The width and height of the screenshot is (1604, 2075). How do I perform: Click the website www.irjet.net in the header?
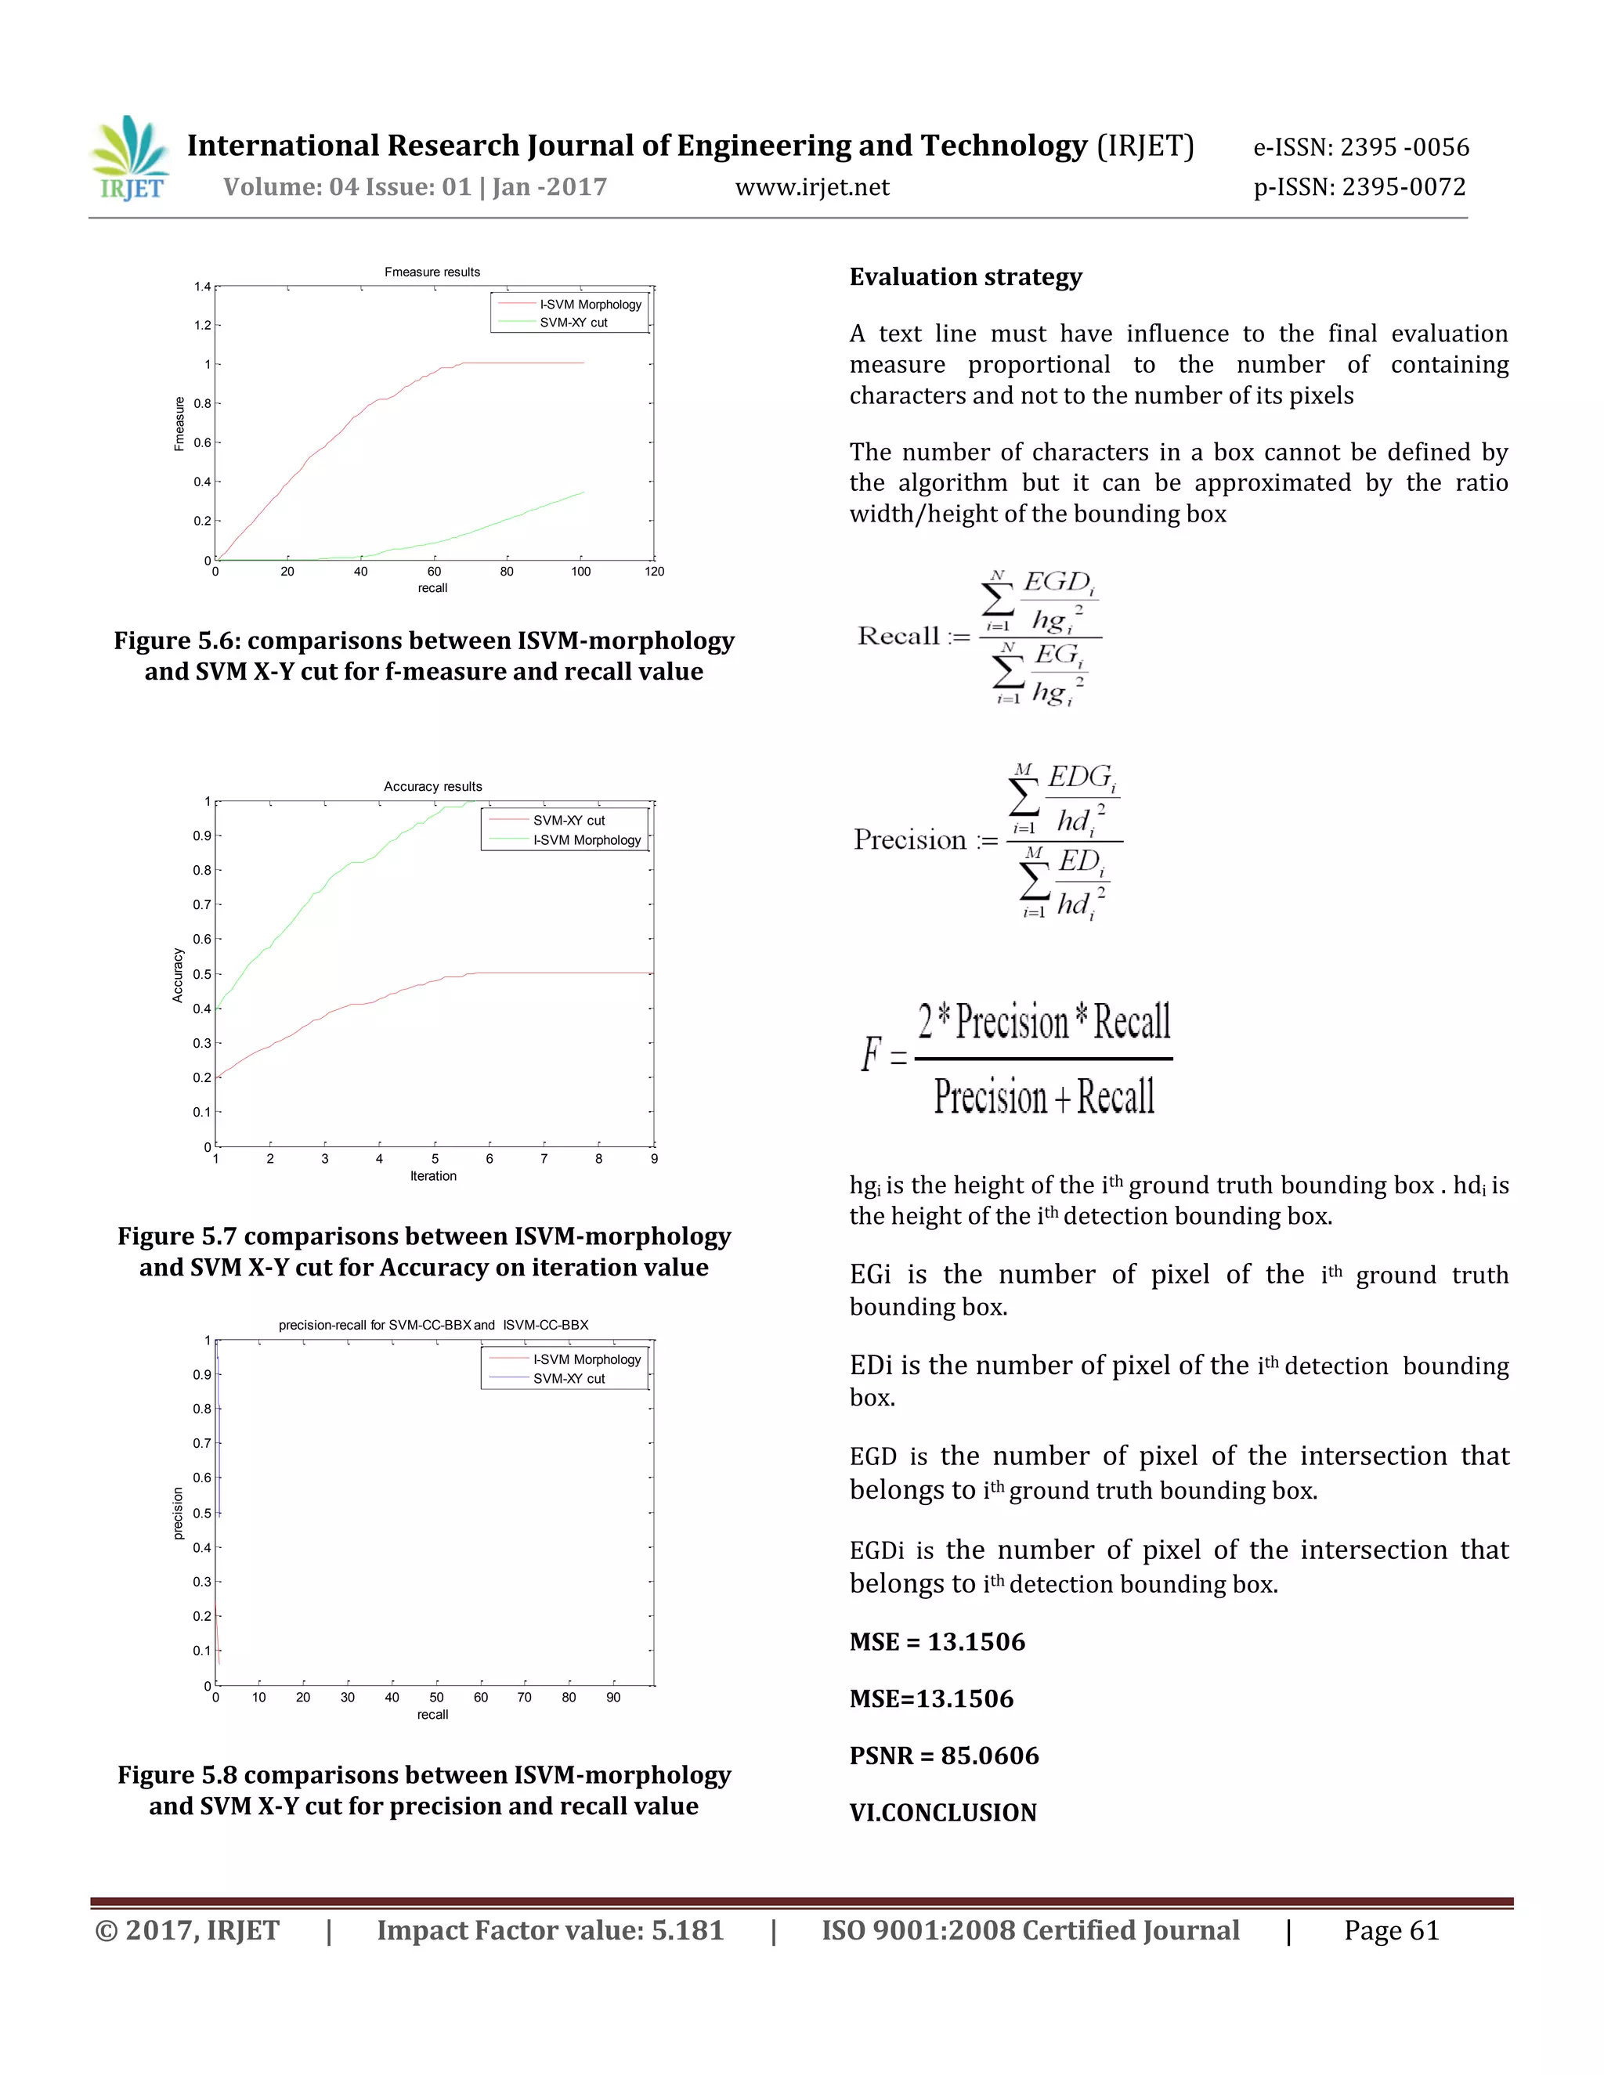coord(812,187)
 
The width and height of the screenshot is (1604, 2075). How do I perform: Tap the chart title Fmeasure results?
coord(432,272)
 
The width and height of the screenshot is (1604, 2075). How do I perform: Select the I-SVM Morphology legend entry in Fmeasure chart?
coord(590,305)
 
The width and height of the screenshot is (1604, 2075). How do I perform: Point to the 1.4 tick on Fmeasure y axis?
coord(202,287)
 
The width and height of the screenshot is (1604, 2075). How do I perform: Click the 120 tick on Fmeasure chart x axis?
coord(655,572)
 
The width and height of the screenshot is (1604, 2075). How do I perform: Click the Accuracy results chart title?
coord(432,787)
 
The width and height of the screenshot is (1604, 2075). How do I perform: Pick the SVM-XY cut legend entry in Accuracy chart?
coord(569,821)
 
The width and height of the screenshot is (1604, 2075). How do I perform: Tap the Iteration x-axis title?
coord(433,1176)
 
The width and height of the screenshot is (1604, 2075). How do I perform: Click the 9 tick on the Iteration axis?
coord(654,1159)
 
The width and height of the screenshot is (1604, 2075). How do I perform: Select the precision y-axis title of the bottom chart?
coord(178,1514)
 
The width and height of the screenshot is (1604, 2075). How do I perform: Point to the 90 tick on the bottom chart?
coord(614,1698)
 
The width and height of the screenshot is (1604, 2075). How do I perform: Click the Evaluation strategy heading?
coord(966,277)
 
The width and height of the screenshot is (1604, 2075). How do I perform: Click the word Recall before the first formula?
coord(898,636)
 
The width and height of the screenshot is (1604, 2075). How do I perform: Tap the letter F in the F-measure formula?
coord(870,1055)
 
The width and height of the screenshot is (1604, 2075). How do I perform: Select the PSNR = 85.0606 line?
coord(944,1756)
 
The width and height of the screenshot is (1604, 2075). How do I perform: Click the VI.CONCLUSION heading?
coord(943,1813)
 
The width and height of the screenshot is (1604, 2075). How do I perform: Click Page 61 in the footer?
coord(1391,1931)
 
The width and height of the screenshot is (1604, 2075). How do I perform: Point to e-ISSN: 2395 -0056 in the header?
coord(1360,147)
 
